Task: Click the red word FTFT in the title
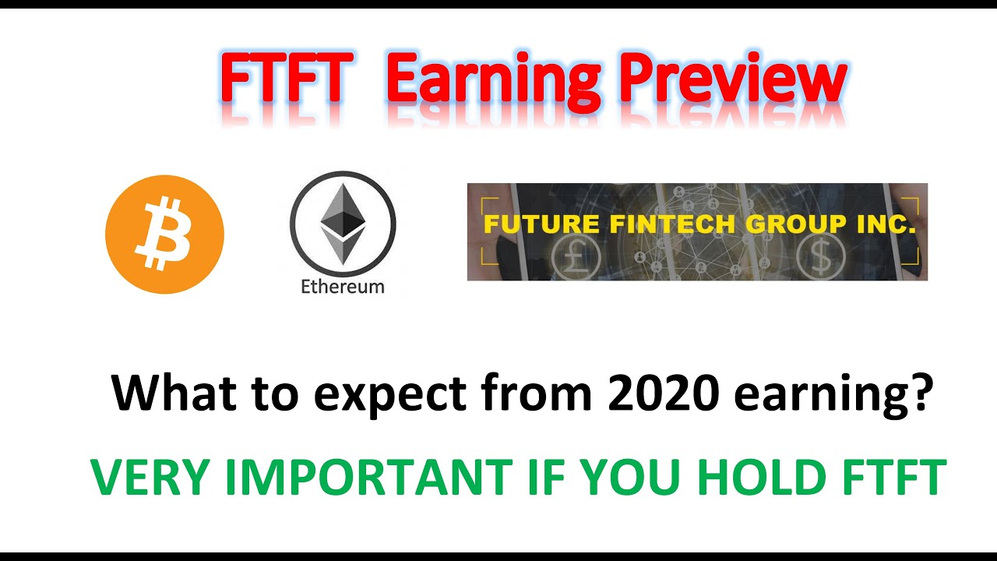(282, 81)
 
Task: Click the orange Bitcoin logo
(164, 235)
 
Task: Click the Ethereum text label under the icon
(343, 286)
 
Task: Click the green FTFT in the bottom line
(893, 478)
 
